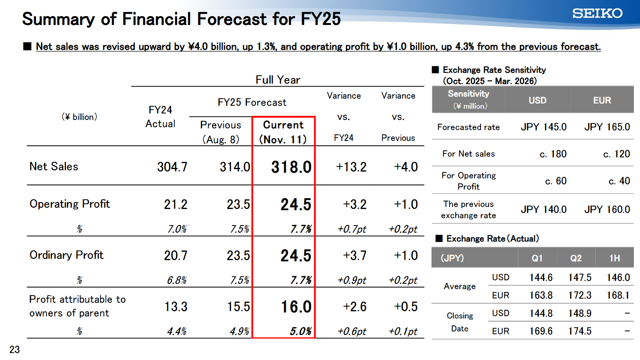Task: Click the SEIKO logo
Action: pos(597,13)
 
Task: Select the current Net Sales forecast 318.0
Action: pos(291,167)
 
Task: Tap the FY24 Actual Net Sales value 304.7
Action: pos(172,167)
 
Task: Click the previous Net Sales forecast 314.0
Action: pos(235,167)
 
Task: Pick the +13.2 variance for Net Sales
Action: pos(351,167)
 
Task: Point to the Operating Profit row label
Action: pos(70,204)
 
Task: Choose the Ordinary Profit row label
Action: pos(66,255)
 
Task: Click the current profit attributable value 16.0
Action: pos(296,307)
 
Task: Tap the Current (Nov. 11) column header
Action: pos(283,132)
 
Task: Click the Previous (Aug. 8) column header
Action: pos(221,132)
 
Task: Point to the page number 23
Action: pos(14,350)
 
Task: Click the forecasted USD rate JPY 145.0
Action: pos(543,127)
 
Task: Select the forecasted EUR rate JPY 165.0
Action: pos(607,127)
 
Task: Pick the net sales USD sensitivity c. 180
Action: pos(553,154)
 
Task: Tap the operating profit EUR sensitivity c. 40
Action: pos(619,181)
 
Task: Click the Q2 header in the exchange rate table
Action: pos(576,258)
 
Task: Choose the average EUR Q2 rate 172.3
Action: pos(580,296)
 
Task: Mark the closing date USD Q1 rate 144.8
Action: pos(541,313)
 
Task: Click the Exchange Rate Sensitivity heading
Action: pos(494,70)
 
